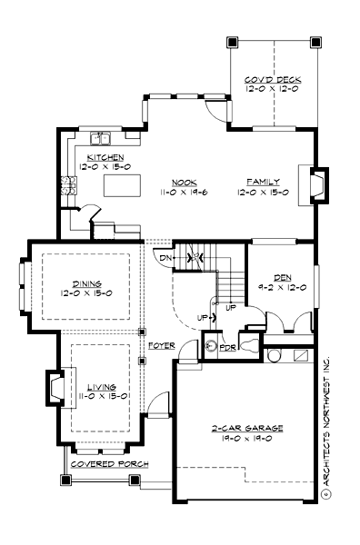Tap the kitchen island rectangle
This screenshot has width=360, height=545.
tap(121, 186)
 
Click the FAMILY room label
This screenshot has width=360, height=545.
tap(263, 182)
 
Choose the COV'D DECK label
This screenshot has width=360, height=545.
tap(273, 80)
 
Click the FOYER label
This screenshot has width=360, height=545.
tap(160, 345)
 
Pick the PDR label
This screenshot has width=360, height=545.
tap(229, 346)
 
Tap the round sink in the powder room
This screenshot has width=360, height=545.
tap(210, 345)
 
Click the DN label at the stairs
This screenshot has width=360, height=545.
tap(166, 258)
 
